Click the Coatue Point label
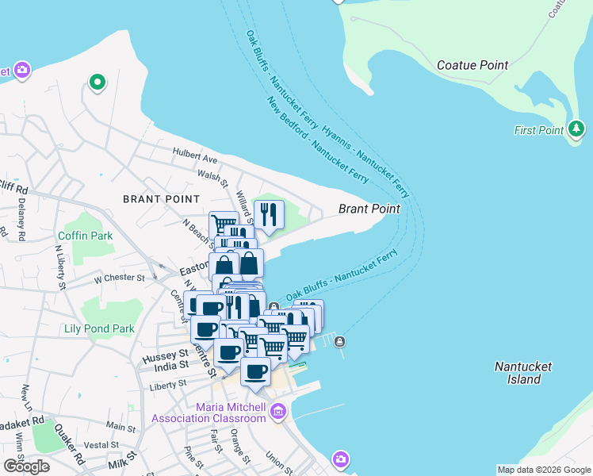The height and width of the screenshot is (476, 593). (473, 65)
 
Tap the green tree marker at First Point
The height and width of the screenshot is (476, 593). (576, 129)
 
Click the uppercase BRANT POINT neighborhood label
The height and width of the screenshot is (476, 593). (161, 198)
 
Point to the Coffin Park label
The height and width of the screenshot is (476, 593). (86, 236)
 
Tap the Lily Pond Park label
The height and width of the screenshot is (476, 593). (100, 328)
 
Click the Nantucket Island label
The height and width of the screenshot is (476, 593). (518, 373)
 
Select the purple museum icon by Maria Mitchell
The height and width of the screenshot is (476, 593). (277, 411)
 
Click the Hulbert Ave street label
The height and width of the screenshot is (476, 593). (195, 159)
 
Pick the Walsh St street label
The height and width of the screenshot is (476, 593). (214, 175)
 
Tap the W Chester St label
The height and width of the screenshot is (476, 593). (119, 278)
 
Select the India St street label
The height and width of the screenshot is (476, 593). (172, 365)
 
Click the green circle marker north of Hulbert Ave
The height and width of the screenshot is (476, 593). (98, 82)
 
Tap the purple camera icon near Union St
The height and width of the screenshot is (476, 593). (340, 459)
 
